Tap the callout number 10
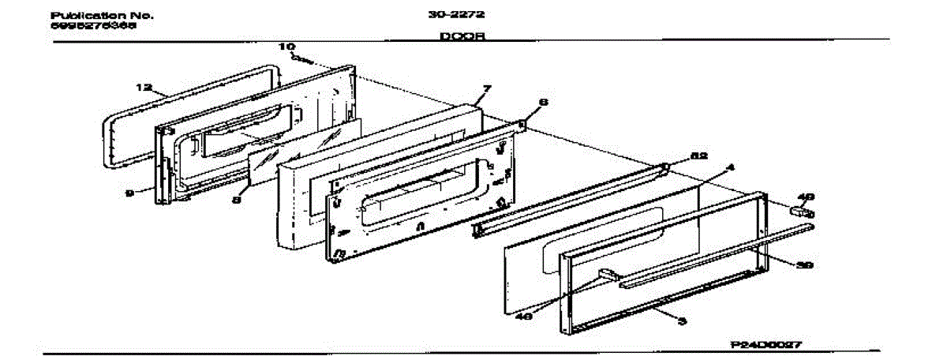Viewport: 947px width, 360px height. [x=285, y=47]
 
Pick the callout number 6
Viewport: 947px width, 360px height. [x=543, y=102]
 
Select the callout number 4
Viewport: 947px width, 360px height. [x=731, y=167]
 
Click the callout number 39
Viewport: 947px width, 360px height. [x=803, y=265]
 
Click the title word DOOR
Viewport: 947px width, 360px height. [x=462, y=36]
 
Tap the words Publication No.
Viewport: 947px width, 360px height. [x=103, y=15]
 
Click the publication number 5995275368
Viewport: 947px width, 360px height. [x=92, y=25]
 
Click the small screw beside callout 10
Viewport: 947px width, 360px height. [x=300, y=58]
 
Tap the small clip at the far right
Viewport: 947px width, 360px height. [x=799, y=210]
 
